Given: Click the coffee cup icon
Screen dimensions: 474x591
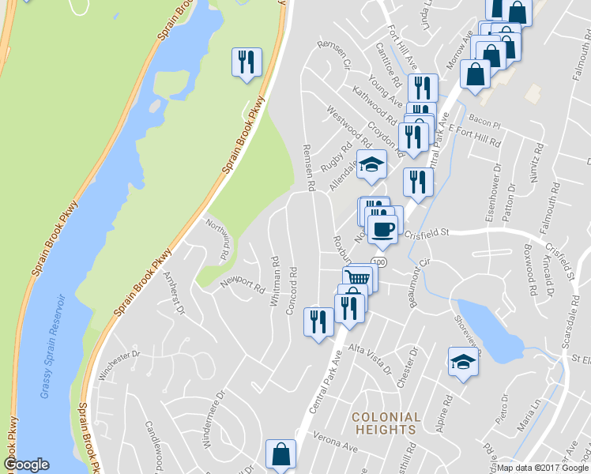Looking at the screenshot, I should pos(382,230).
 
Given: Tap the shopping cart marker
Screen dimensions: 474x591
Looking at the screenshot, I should pos(357,278).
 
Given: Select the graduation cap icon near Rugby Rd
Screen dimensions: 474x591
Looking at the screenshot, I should pos(371,164).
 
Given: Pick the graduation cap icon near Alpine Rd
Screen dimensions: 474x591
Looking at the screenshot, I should pos(463,362).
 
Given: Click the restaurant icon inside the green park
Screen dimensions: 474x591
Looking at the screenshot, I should pos(247,62).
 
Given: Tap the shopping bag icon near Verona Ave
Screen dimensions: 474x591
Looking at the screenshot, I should pos(280,454).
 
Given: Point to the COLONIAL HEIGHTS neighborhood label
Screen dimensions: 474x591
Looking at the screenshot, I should pos(386,423).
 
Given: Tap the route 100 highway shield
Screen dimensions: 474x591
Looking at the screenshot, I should pos(380,261).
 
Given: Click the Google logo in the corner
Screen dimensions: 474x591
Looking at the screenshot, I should pos(26,465).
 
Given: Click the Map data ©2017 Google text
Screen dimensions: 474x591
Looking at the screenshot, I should pos(543,468).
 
